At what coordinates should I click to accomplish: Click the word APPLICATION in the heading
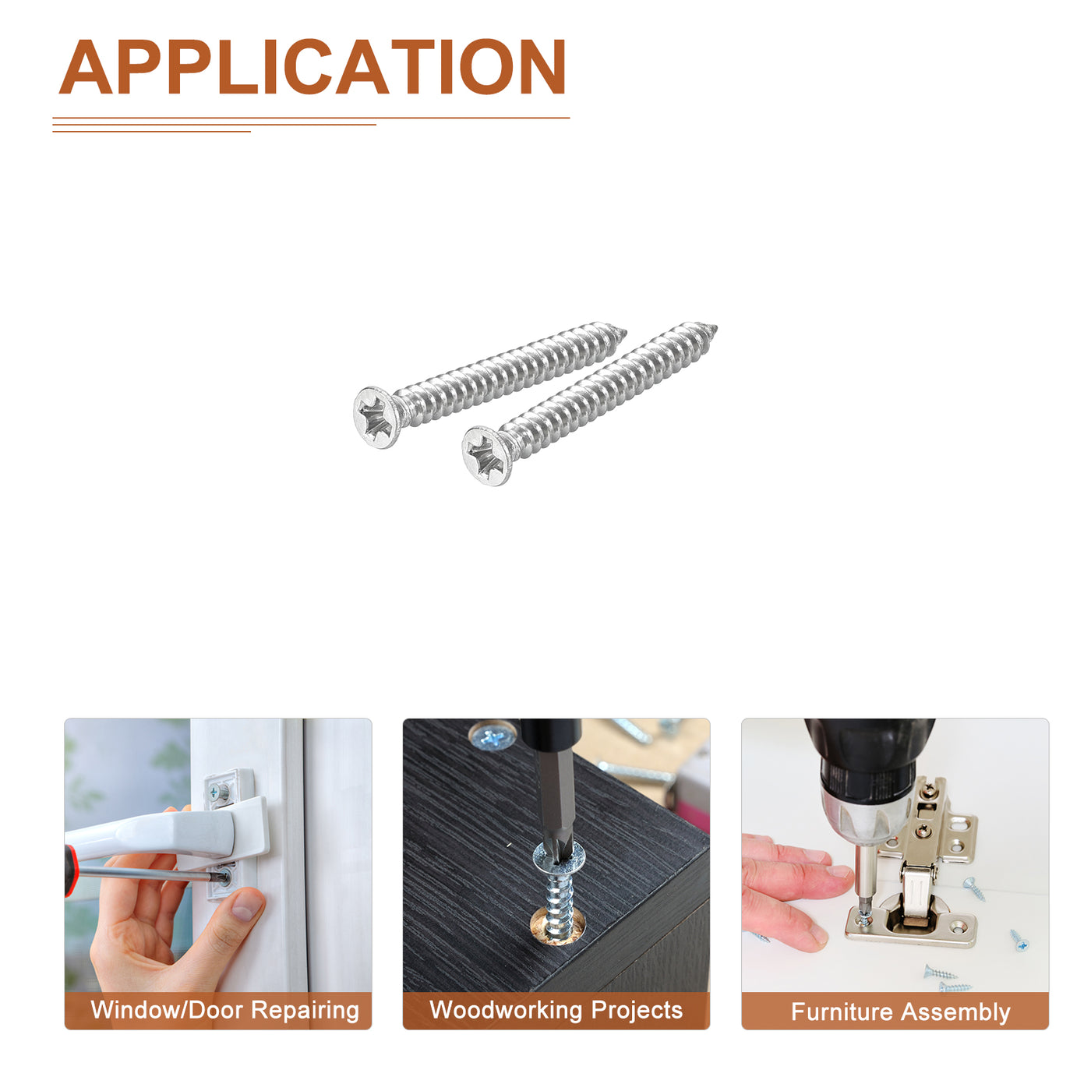click(312, 66)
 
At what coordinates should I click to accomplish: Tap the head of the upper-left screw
click(376, 417)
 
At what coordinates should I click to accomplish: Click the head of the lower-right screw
click(485, 456)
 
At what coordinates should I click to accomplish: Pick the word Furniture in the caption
click(842, 1012)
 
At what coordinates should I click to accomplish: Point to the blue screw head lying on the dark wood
click(493, 736)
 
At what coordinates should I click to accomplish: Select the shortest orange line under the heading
click(151, 132)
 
